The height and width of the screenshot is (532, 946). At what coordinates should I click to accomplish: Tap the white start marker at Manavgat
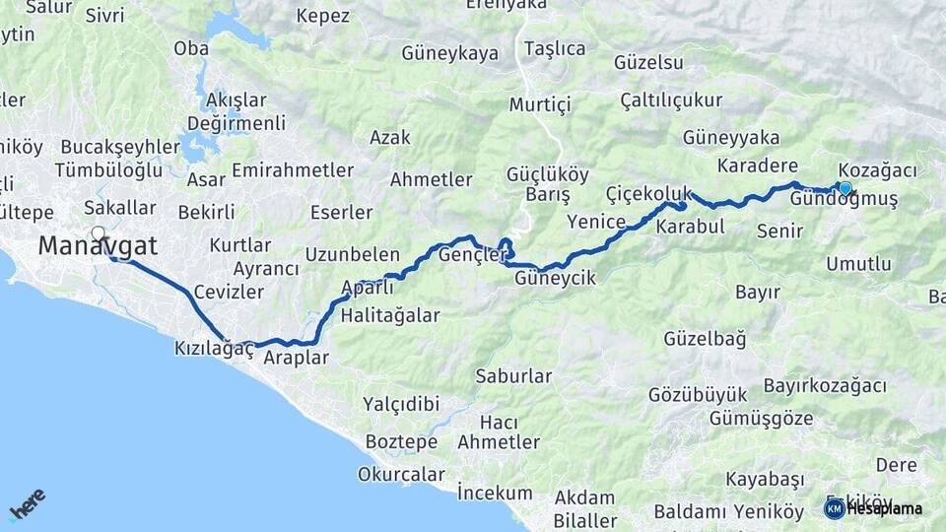[98, 233]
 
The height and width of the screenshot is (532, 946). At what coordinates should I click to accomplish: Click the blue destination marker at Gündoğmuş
[845, 188]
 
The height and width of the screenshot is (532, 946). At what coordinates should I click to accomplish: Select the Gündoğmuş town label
[845, 201]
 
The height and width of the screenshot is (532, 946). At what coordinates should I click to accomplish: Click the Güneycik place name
[556, 279]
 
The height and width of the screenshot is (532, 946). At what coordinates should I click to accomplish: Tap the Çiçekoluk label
[648, 193]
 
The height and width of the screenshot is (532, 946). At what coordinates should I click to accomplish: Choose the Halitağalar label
[390, 316]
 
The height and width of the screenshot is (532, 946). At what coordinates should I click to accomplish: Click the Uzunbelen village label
[353, 254]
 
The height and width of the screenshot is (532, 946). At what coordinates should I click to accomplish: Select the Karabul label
[690, 227]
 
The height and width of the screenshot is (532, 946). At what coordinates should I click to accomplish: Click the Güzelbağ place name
[705, 339]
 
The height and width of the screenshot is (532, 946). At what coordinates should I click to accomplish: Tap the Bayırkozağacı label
[825, 386]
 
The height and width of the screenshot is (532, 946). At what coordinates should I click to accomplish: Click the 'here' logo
[27, 503]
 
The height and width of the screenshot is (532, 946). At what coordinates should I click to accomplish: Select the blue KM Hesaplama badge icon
[834, 508]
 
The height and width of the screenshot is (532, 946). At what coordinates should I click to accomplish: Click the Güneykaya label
[450, 53]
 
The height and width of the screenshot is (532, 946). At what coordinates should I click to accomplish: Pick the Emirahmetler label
[293, 170]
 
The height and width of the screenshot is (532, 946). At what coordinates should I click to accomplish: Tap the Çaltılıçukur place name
[671, 100]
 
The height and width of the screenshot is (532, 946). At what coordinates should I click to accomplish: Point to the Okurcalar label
[401, 474]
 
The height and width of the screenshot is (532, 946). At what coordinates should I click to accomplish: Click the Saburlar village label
[513, 375]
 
